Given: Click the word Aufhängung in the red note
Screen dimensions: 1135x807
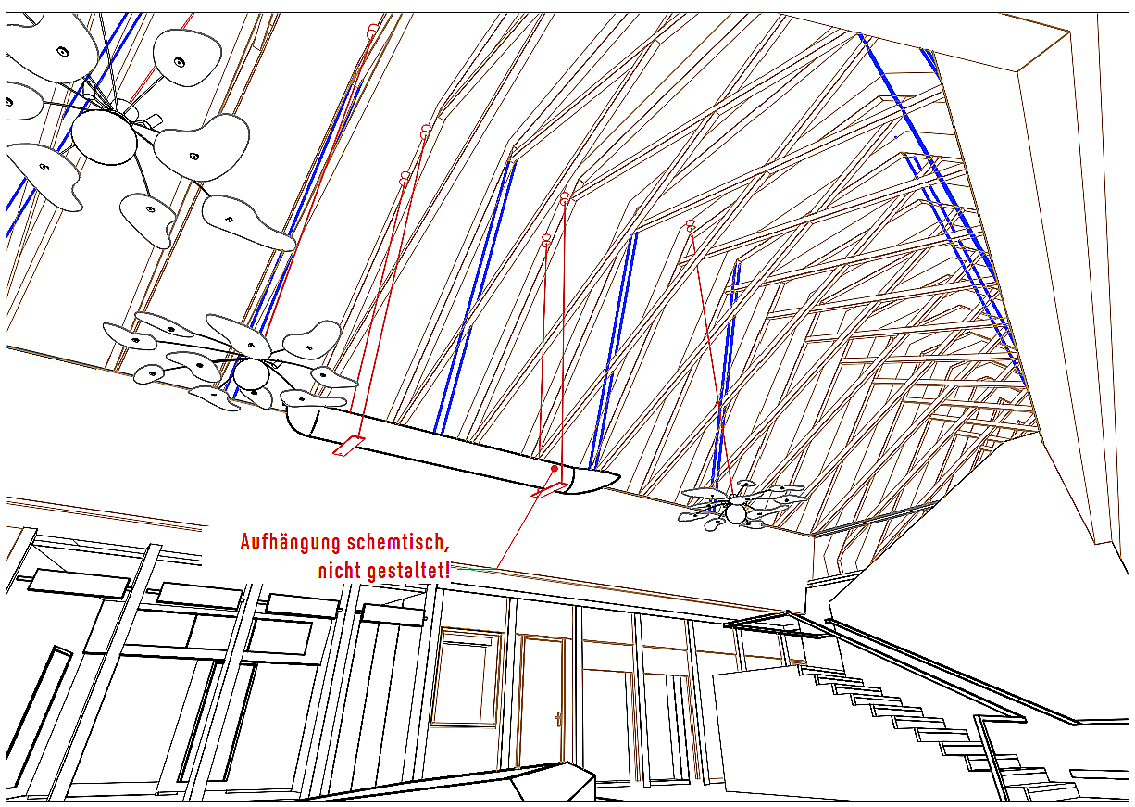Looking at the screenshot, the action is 291,543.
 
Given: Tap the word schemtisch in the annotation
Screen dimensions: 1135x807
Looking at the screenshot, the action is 398,542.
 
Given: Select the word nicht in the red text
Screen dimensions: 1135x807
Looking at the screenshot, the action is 340,571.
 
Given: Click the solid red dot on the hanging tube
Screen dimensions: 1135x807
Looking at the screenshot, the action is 555,469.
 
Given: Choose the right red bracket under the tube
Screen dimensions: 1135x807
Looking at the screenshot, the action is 549,490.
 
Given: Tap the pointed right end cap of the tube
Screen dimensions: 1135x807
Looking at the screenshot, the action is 595,481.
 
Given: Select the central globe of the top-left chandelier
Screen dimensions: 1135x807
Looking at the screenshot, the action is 104,137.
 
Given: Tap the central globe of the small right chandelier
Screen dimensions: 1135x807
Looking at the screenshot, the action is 736,513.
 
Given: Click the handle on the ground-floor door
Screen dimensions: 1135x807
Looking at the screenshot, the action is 558,720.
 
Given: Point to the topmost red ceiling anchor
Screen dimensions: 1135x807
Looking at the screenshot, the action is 372,30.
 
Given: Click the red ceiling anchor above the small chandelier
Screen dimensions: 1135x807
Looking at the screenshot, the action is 690,226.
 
